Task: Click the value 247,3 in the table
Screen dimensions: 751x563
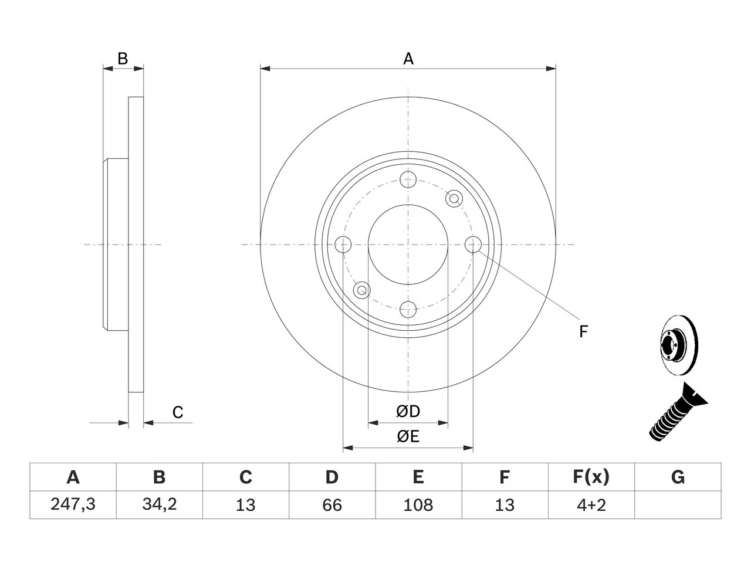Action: click(73, 504)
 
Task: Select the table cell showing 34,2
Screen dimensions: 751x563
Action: click(160, 504)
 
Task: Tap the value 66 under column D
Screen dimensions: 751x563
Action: click(332, 505)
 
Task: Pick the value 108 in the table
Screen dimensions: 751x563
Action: click(418, 505)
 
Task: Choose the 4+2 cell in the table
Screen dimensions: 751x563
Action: click(591, 505)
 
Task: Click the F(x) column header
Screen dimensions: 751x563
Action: click(591, 477)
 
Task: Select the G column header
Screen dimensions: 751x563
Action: click(678, 477)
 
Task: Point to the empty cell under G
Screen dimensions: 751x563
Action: click(678, 505)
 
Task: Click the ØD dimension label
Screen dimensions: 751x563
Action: click(408, 411)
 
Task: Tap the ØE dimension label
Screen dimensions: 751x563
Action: click(408, 436)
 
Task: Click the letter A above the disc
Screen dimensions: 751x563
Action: click(408, 59)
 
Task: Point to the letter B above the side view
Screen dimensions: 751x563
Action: click(123, 59)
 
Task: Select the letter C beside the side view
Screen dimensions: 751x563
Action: click(178, 412)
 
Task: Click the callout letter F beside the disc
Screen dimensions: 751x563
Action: click(583, 331)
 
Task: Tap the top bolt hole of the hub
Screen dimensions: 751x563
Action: click(408, 179)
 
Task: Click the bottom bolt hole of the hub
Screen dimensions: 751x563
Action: click(408, 310)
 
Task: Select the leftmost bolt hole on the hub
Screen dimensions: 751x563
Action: click(343, 245)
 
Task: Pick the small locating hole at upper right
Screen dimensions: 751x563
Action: click(454, 198)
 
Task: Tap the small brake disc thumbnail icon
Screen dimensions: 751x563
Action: click(679, 345)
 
